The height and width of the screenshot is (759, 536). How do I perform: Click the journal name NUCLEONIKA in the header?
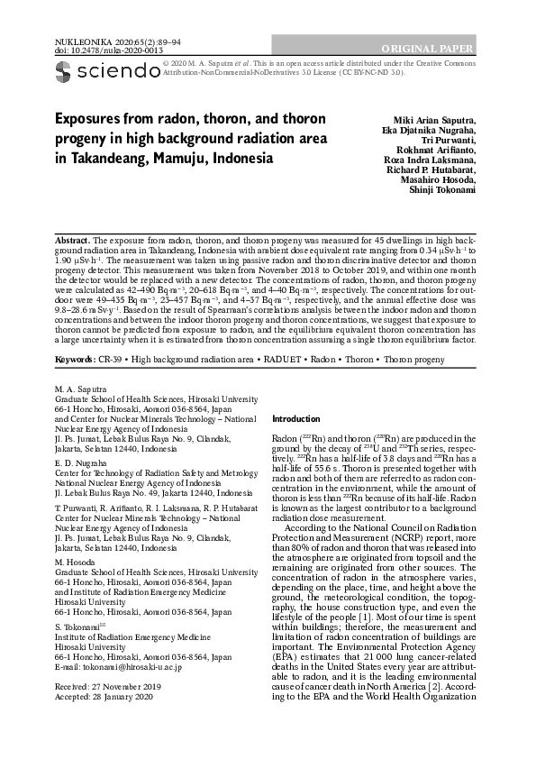[x=74, y=41]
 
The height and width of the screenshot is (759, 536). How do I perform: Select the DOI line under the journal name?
[x=86, y=50]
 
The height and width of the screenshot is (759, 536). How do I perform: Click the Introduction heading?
[x=295, y=419]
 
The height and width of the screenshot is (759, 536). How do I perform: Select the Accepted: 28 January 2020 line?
[x=105, y=696]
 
